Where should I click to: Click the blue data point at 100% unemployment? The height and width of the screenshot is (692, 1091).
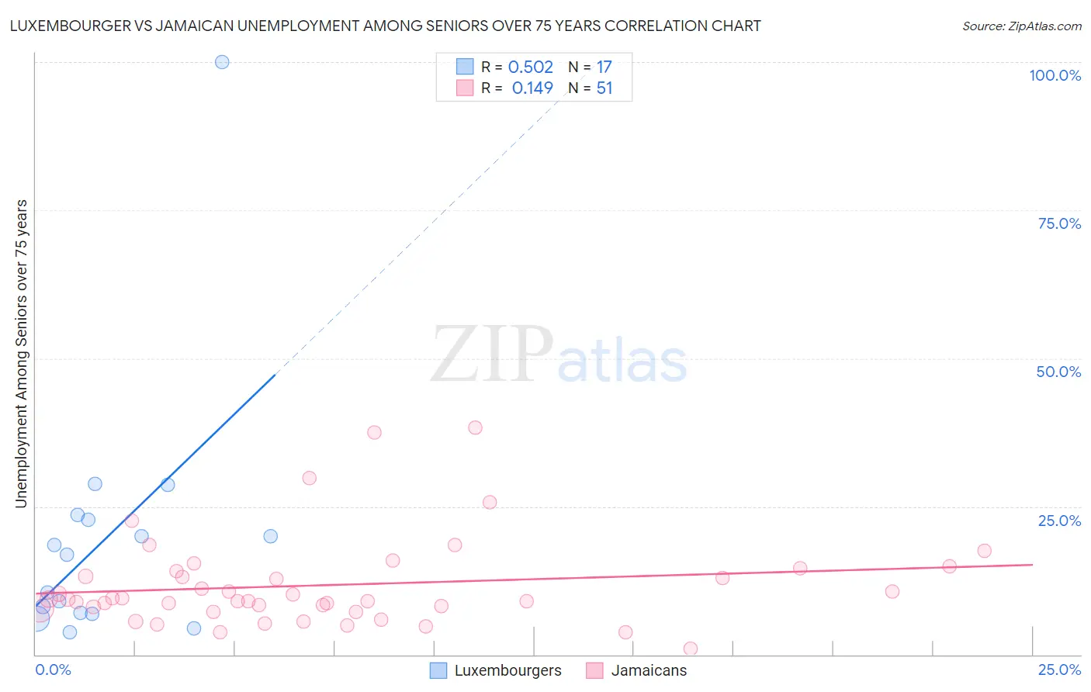(222, 62)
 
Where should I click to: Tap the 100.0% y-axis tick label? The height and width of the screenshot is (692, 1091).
(1055, 75)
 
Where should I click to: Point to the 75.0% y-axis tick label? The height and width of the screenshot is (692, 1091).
(1059, 223)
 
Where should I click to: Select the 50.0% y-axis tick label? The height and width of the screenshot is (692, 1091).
(1058, 372)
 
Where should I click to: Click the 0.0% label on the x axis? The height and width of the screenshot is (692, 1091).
(54, 670)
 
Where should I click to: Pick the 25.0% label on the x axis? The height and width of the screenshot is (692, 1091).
(1059, 670)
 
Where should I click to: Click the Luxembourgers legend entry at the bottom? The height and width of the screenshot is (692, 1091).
(507, 670)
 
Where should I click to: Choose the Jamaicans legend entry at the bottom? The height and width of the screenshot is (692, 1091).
(649, 670)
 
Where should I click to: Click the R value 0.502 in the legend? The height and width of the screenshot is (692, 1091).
(530, 67)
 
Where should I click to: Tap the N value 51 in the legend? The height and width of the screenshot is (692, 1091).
(604, 88)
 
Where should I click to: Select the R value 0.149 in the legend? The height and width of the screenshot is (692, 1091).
(532, 88)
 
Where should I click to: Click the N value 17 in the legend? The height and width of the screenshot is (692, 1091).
(604, 67)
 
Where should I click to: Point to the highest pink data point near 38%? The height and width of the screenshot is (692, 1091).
(475, 427)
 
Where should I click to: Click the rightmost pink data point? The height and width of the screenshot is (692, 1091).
(984, 551)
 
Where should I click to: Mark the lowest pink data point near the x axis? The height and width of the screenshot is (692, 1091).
(691, 649)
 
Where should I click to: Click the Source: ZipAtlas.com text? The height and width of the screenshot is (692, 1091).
(1021, 26)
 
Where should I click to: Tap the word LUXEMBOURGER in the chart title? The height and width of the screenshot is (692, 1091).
(69, 26)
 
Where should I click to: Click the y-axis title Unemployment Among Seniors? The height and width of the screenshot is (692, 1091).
(22, 354)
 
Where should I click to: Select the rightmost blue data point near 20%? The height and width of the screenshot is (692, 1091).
(270, 536)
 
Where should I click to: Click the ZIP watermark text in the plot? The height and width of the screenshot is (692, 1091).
(492, 355)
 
